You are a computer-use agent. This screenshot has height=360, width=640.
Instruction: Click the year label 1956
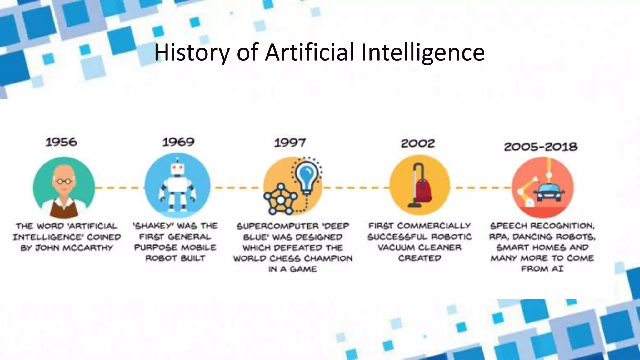[x=61, y=142]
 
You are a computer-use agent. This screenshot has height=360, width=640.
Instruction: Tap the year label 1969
[x=178, y=142]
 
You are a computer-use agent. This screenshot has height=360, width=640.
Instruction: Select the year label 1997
[x=290, y=143]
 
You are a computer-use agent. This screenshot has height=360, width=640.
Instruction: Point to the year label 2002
[x=418, y=143]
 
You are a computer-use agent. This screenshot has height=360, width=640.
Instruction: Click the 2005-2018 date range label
[x=541, y=147]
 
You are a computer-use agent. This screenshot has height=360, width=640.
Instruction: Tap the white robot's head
[x=178, y=169]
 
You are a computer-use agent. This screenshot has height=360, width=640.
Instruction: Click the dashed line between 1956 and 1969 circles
[x=119, y=188]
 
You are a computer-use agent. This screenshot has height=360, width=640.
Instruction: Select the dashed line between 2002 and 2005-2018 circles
[x=481, y=188]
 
